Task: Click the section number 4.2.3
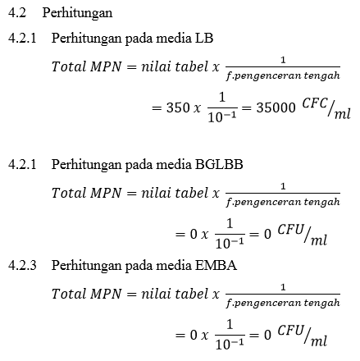[x=21, y=266]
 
